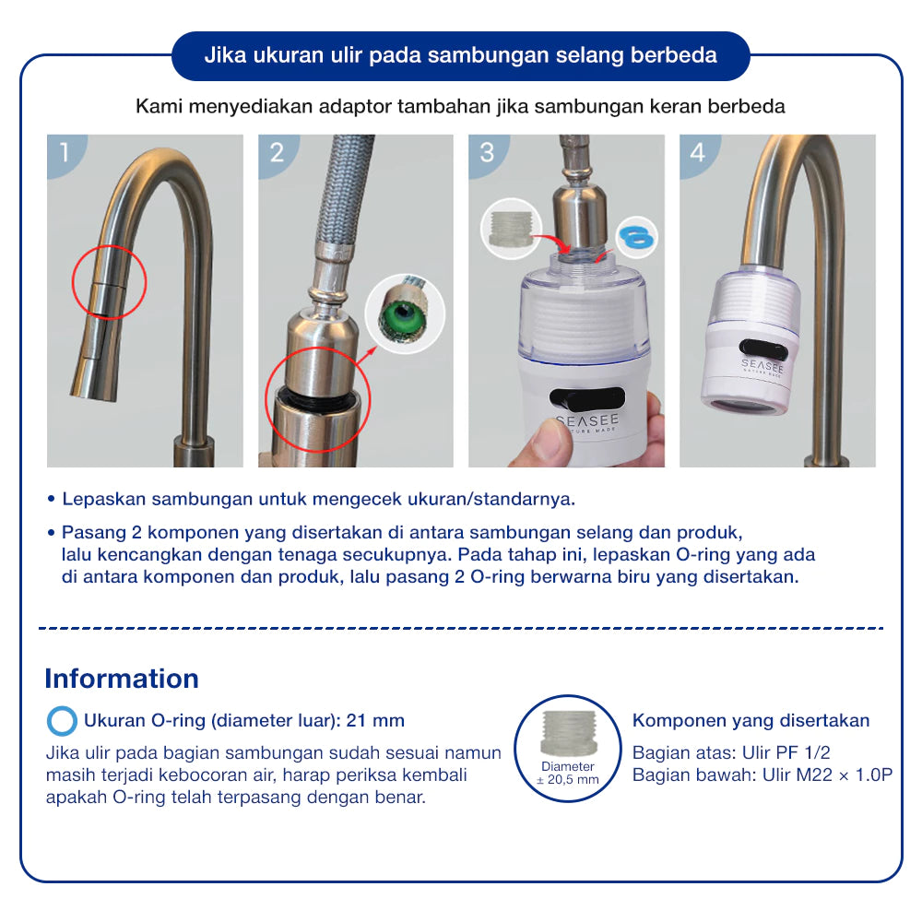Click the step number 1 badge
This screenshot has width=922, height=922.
65,152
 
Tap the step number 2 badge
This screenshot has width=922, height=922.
276,152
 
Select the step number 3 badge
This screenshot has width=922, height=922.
486,152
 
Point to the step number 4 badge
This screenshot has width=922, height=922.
697,152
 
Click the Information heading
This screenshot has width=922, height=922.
122,679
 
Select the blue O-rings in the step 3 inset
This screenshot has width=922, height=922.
637,237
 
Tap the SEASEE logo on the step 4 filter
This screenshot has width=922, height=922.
762,366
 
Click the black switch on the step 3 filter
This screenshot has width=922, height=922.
586,398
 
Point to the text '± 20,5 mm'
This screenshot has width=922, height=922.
567,780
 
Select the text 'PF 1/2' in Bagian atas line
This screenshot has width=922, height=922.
803,752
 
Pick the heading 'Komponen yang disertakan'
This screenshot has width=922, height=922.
751,721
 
